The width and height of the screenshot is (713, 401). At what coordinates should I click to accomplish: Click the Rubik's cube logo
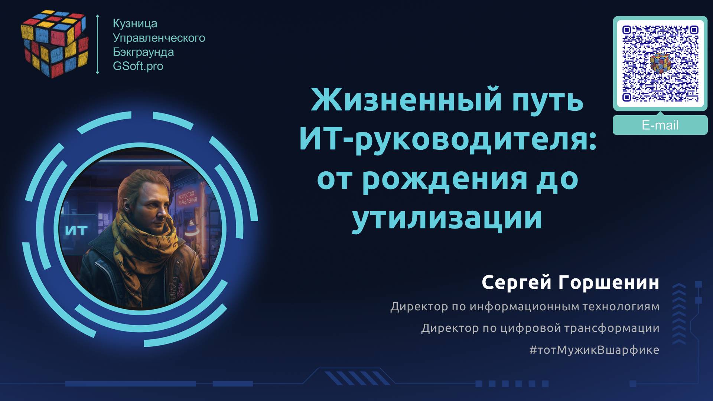point(54,44)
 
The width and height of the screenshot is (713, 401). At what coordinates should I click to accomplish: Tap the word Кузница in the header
point(135,23)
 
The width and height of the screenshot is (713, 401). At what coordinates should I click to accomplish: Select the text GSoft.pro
point(138,66)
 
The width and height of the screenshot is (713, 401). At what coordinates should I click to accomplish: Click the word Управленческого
point(159,38)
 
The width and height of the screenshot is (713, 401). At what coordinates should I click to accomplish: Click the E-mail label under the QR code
point(660,125)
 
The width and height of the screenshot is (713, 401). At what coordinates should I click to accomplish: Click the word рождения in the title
point(445,179)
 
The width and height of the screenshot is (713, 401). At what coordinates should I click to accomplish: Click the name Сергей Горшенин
point(570,283)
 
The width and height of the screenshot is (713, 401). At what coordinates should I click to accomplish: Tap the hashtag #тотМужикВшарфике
point(594,350)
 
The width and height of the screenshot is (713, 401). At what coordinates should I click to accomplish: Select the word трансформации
point(612,328)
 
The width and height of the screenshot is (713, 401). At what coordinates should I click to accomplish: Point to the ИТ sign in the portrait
point(76,230)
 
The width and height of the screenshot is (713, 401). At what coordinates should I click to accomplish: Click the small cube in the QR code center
point(660,62)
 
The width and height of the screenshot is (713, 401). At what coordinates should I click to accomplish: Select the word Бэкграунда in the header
point(143,52)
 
